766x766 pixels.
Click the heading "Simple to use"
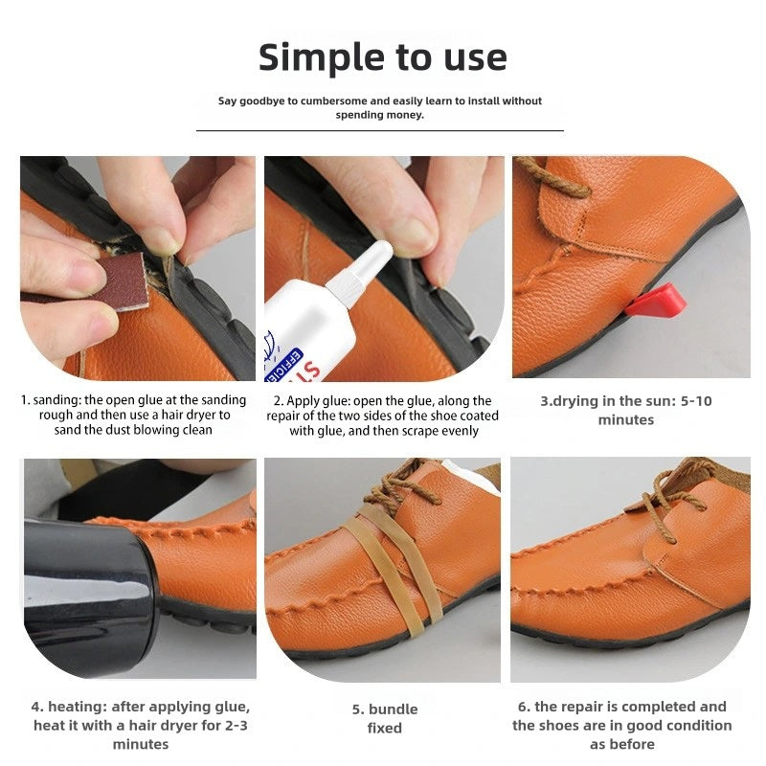coord(382,57)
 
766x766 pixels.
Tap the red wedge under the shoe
coord(656,301)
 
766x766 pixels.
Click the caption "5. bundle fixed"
coord(385,718)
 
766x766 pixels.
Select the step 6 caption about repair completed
coord(621,726)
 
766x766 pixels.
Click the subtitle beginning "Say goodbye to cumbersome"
coord(379,108)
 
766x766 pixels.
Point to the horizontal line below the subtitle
coord(379,131)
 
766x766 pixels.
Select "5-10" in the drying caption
coord(696,401)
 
